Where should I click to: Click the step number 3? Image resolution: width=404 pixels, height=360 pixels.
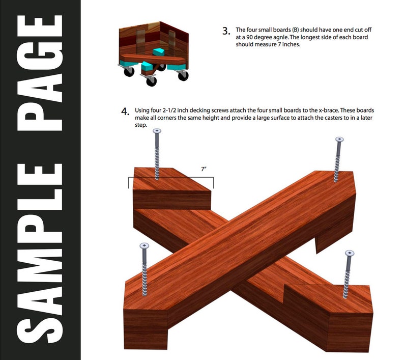226,32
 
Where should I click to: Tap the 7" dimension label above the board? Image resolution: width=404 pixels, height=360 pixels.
204,169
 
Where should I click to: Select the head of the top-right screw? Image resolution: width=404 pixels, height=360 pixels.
339,140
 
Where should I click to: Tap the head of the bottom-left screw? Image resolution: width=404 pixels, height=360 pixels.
145,246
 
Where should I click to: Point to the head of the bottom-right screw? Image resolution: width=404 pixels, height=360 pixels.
350,253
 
